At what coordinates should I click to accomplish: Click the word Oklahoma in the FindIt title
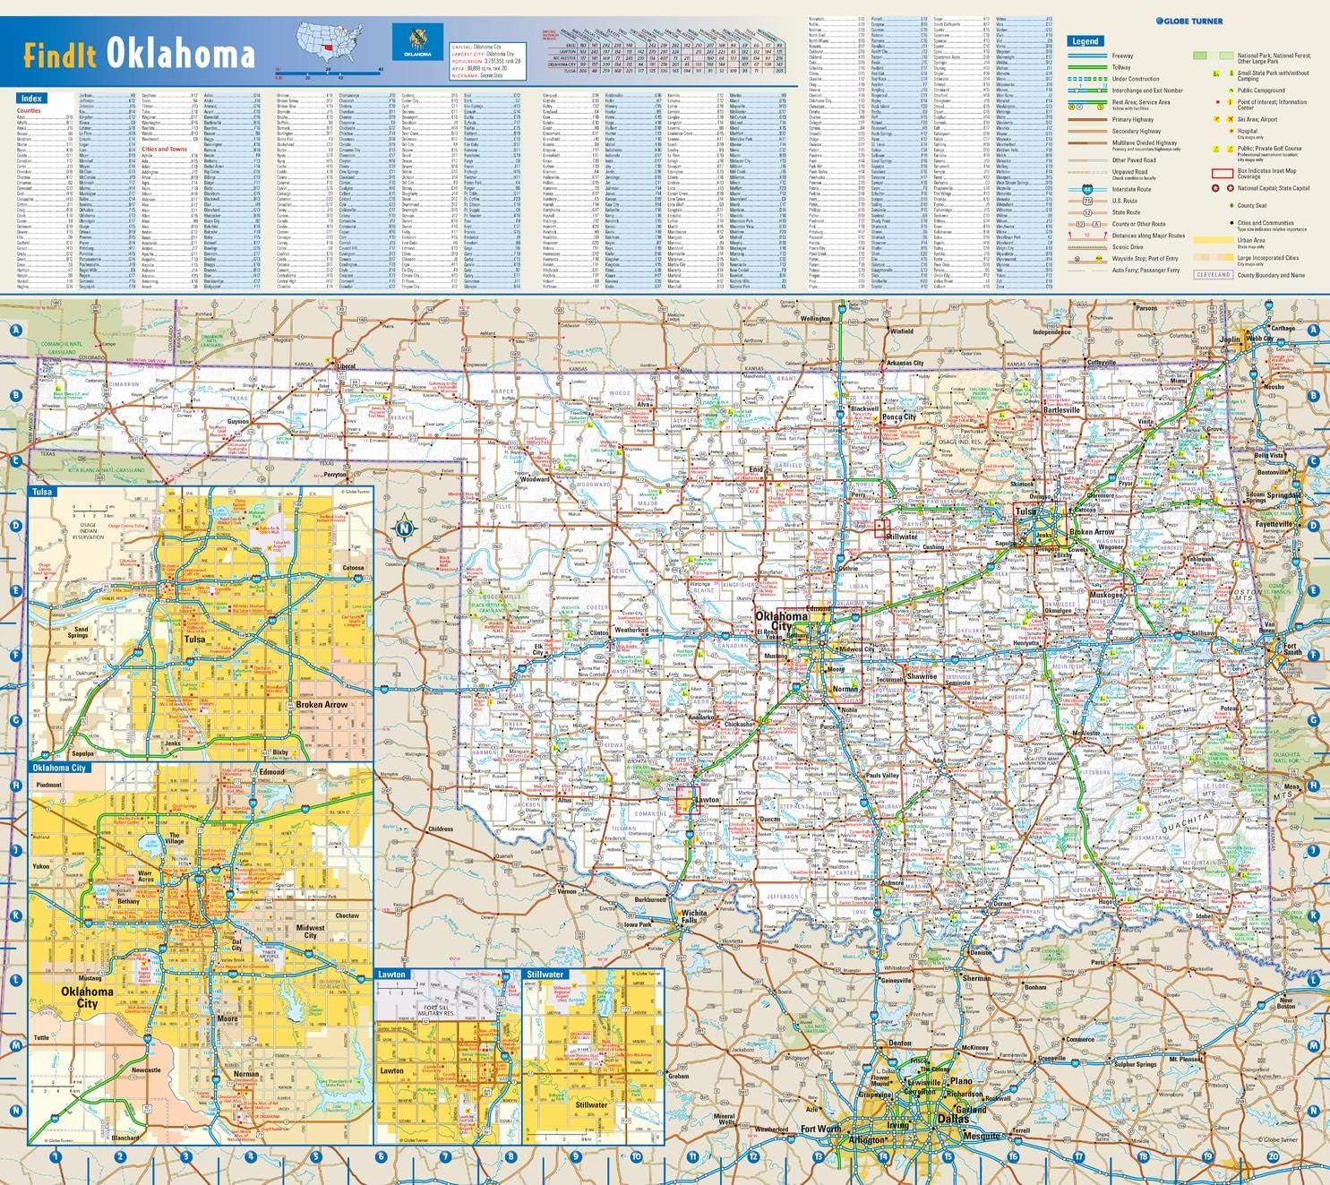pos(181,53)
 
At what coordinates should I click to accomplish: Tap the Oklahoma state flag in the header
pos(416,42)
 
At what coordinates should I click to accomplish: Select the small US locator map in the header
pos(331,41)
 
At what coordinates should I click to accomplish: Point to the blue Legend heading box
pos(1085,41)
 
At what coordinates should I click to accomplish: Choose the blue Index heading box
pos(31,98)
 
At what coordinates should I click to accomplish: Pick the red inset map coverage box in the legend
pos(1222,173)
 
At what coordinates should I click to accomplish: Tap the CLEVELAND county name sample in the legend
pos(1214,275)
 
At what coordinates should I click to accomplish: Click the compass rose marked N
pos(404,528)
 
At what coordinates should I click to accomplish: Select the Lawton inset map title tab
pos(391,974)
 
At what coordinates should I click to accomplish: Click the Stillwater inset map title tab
pos(545,974)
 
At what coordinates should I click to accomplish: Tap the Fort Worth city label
pos(820,1129)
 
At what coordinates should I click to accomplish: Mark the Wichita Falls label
pos(693,917)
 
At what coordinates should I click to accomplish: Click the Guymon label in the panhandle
pos(237,421)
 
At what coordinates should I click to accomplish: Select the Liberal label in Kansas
pos(346,366)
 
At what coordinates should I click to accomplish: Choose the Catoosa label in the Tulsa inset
pos(353,568)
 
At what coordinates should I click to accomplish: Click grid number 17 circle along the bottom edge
pos(1078,1156)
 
